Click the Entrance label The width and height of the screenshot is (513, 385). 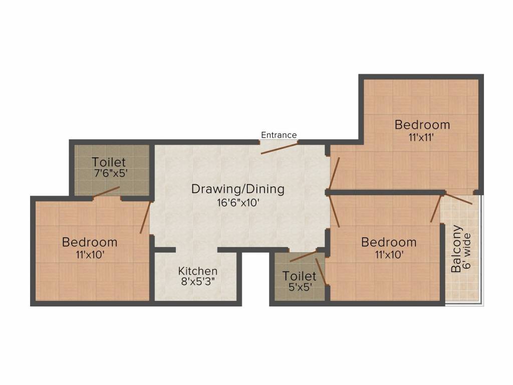(279, 135)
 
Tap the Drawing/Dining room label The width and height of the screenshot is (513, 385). (238, 189)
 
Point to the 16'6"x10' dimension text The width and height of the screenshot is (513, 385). (238, 203)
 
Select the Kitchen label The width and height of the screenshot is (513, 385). (198, 271)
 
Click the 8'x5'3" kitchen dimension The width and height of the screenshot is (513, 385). (198, 282)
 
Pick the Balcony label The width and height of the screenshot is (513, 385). (456, 249)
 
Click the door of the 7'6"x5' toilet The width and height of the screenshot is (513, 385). (106, 192)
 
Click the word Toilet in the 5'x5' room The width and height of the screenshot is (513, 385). (299, 276)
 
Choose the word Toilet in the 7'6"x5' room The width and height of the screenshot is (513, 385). (109, 162)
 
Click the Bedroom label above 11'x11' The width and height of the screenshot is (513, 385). (422, 124)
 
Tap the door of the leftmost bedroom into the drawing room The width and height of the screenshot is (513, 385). (145, 217)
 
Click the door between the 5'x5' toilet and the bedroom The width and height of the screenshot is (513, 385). (322, 273)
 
